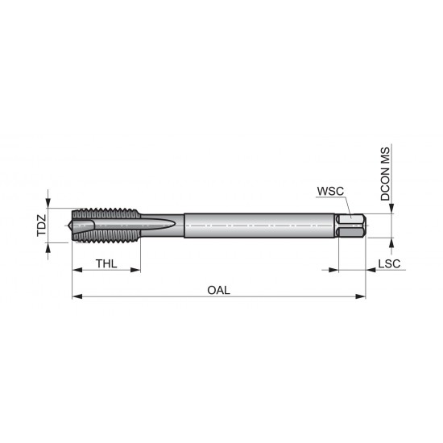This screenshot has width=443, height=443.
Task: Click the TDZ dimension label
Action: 41,226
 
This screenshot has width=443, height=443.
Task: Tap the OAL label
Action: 218,291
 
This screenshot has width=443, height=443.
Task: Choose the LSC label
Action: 390,264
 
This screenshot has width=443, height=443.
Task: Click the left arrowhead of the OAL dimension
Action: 77,296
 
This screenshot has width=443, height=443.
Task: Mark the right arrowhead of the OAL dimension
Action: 361,296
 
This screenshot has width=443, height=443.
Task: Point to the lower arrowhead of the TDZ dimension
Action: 49,246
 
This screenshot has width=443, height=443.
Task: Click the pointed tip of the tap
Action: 75,226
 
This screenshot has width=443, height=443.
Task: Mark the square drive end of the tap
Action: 351,226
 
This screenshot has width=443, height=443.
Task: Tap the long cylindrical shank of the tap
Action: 258,226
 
